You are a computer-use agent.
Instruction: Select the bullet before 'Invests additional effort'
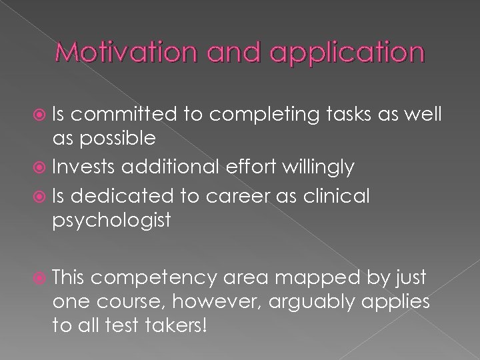[42, 167]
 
